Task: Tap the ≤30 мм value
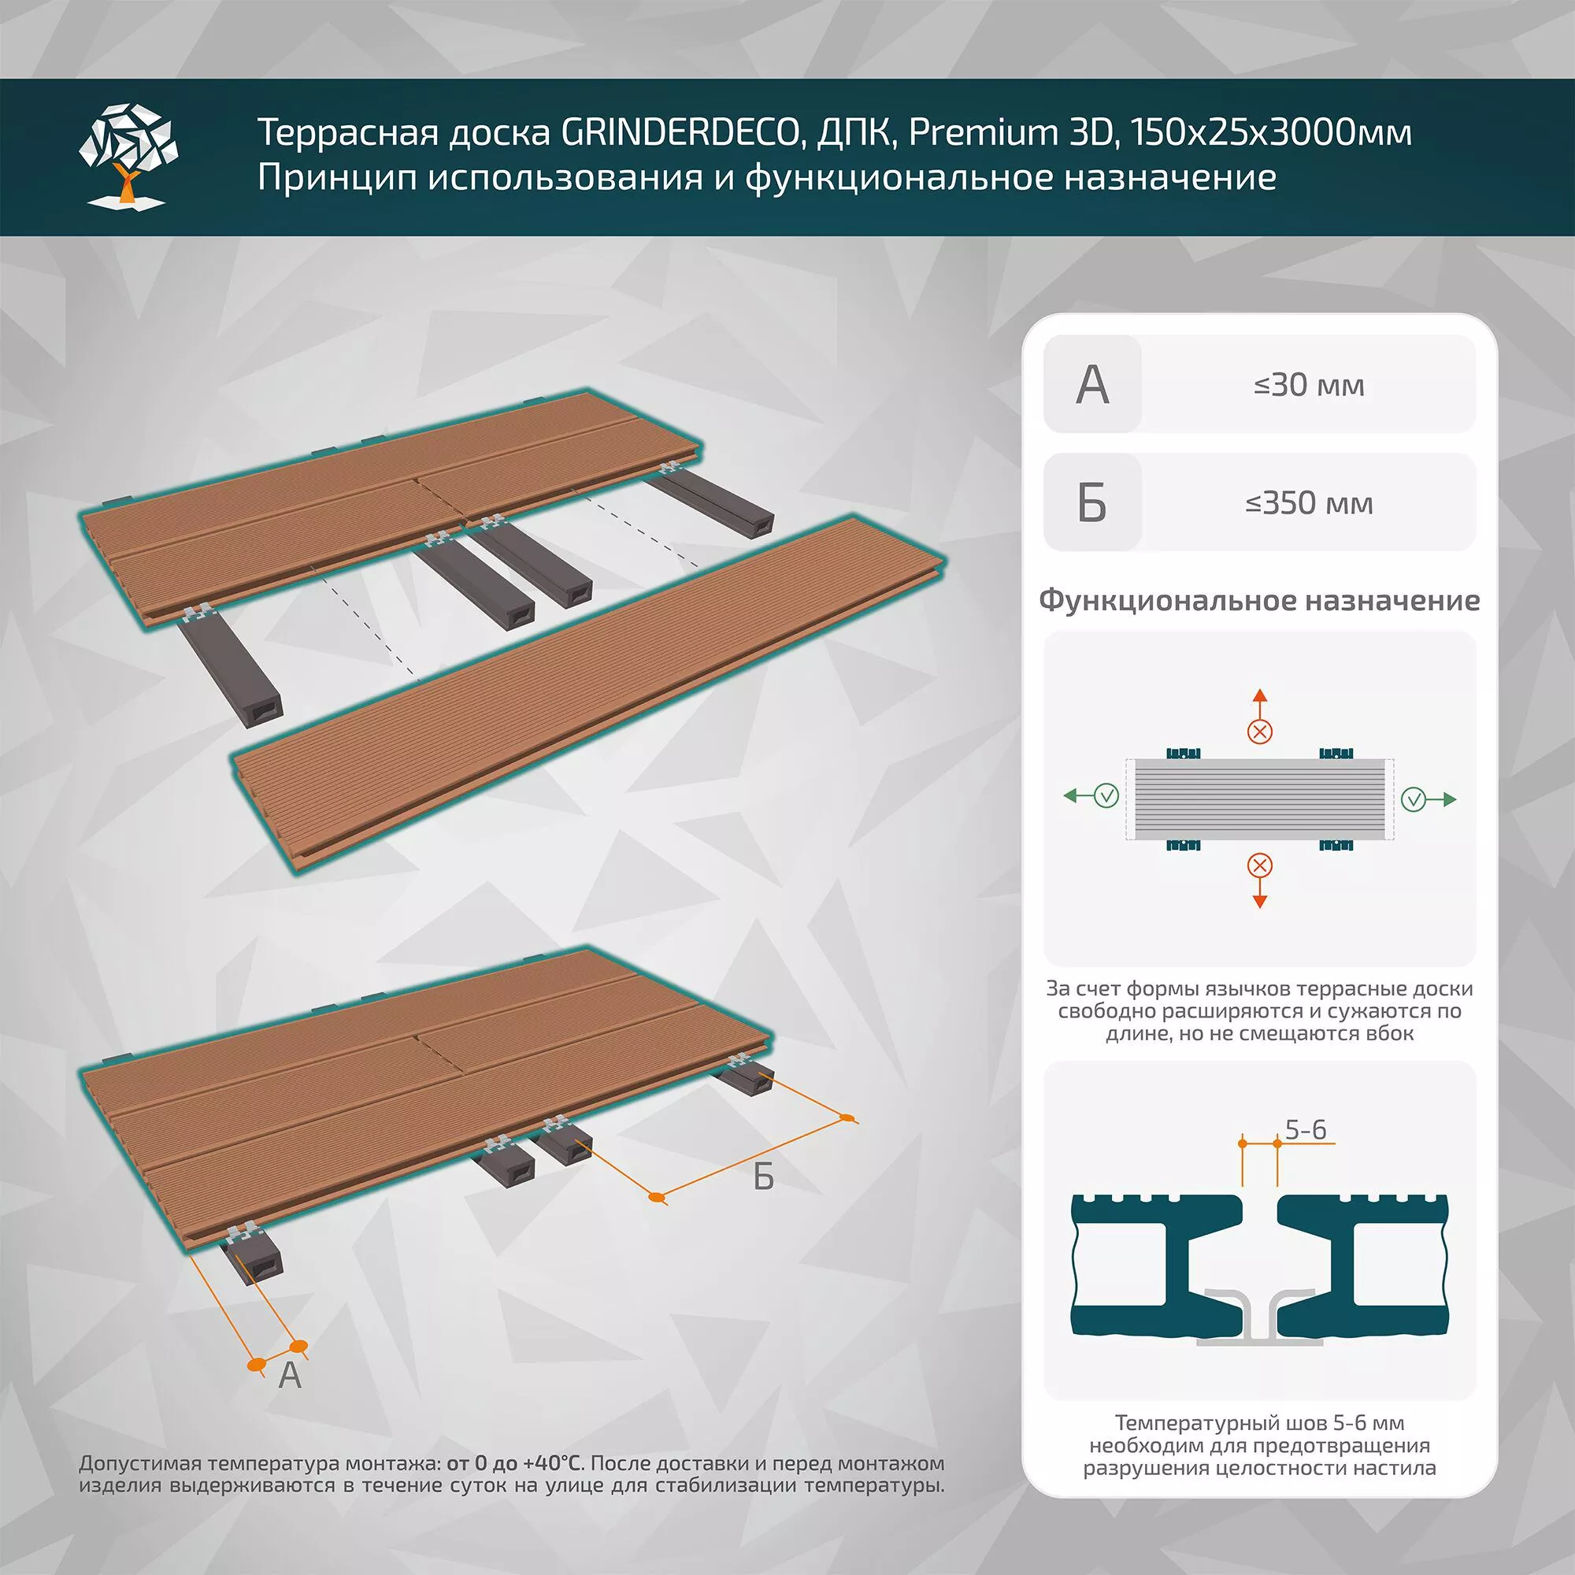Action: point(1308,385)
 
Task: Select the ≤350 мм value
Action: point(1308,503)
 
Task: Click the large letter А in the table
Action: point(1092,385)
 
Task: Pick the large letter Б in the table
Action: point(1092,503)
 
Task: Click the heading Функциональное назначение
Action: point(1258,601)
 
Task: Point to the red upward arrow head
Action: point(1259,695)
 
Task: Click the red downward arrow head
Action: point(1259,901)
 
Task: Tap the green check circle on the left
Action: point(1106,795)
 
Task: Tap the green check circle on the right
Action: point(1414,800)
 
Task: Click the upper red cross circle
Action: point(1259,732)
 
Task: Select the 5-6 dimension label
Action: point(1306,1130)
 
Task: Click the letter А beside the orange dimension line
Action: point(289,1375)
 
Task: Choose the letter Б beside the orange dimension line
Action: point(763,1177)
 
